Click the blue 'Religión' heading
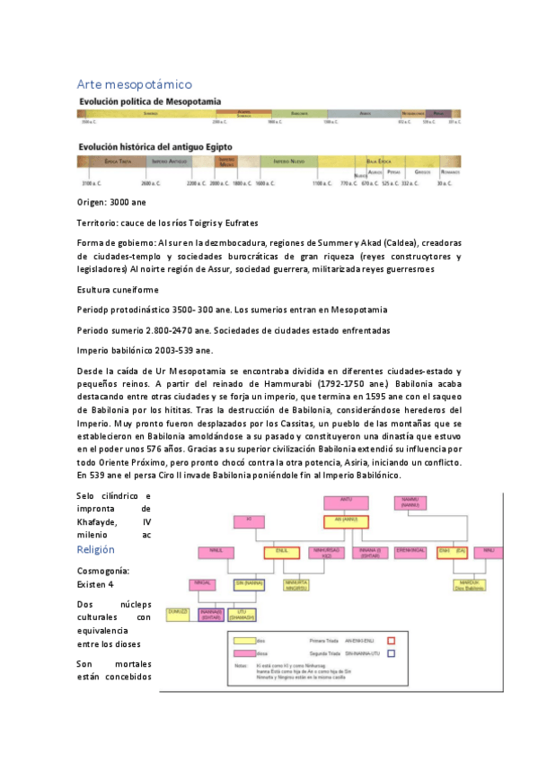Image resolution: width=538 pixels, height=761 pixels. point(96,548)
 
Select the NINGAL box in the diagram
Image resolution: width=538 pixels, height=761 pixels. point(201,583)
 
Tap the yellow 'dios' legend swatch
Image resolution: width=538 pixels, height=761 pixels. point(245,641)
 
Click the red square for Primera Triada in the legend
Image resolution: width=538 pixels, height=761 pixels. point(389,640)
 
